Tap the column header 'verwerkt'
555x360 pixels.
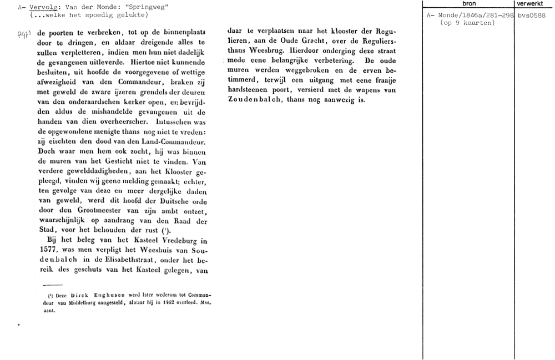click(x=534, y=4)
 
